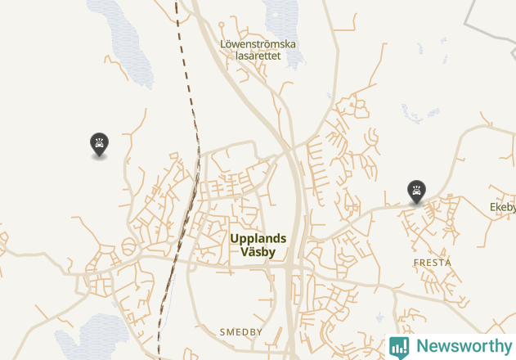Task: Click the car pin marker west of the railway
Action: coord(99,145)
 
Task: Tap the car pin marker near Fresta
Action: coord(416,191)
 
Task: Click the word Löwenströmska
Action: coord(258,44)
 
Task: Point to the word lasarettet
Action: coord(258,56)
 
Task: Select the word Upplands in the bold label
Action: coord(258,239)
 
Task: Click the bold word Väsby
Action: coord(258,252)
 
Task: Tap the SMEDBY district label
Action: coord(241,332)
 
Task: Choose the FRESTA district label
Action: coord(432,263)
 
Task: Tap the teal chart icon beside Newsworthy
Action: coord(399,347)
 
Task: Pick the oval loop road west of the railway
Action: coord(128,247)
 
